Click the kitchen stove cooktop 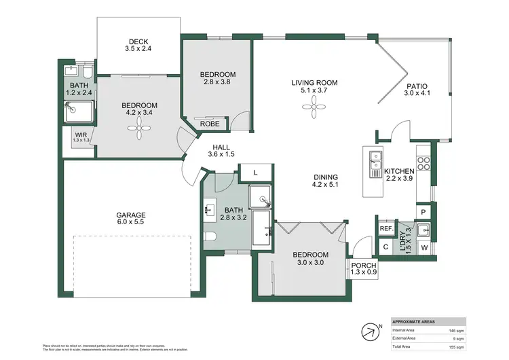[424, 164]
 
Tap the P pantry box [423, 212]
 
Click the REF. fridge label [386, 229]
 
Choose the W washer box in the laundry [424, 247]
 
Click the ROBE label [210, 124]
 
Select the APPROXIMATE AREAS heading [415, 321]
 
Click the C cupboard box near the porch [385, 247]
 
